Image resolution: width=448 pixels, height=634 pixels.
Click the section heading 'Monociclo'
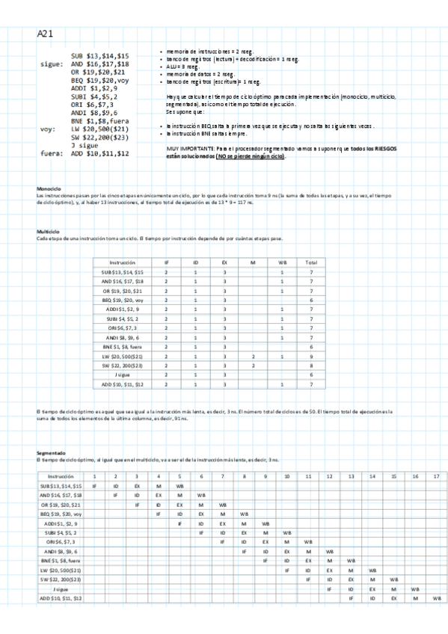click(49, 187)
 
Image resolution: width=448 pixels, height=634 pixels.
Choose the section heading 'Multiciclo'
click(49, 233)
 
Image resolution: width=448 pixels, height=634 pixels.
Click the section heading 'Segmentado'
click(50, 453)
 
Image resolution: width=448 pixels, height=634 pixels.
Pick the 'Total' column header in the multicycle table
click(310, 262)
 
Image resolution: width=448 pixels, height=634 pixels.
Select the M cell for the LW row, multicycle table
click(254, 357)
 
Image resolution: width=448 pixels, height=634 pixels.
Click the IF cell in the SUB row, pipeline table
click(94, 486)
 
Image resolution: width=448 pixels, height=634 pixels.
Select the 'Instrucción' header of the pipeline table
click(61, 476)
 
